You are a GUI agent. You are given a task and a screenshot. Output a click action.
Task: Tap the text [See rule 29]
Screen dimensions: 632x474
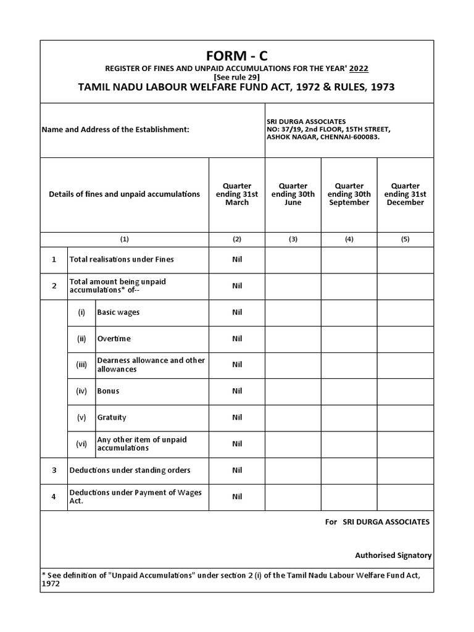[x=236, y=77]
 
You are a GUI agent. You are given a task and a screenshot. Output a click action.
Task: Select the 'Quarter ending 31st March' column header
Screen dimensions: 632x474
[x=237, y=194]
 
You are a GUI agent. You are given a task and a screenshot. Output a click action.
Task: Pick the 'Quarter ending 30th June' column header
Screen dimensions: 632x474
[x=293, y=194]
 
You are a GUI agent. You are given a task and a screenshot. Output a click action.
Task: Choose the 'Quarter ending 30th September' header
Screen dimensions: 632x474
[x=349, y=194]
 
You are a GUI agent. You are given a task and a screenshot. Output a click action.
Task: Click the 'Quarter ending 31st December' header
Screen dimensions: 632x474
[x=405, y=194]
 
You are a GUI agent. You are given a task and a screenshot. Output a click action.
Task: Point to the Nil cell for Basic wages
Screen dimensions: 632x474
[x=237, y=312]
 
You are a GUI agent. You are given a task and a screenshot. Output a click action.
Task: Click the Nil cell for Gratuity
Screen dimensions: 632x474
[x=237, y=417]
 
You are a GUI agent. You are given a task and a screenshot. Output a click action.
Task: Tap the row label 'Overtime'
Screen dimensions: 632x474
[x=114, y=339]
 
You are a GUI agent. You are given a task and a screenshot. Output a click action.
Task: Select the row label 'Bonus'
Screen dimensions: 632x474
[x=109, y=391]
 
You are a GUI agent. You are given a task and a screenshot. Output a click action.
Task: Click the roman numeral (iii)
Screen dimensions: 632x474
[x=81, y=365]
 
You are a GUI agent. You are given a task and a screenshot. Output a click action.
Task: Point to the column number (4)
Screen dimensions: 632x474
[x=349, y=239]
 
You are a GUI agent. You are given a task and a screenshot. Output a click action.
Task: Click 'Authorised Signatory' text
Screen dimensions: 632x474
[x=393, y=555]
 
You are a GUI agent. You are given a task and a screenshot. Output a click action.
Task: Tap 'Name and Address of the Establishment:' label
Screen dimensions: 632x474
[x=115, y=130]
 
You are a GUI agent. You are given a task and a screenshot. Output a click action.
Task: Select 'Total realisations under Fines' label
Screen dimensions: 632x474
[x=122, y=259]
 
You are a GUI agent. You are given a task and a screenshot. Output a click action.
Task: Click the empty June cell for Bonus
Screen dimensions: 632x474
[x=293, y=391]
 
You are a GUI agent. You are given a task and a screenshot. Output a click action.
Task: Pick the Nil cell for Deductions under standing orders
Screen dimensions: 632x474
[x=237, y=470]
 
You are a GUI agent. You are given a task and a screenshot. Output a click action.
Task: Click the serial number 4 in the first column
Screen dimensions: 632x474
[x=54, y=497]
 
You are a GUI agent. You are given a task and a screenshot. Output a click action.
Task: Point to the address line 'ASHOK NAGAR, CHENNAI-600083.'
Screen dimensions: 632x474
[x=323, y=137]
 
